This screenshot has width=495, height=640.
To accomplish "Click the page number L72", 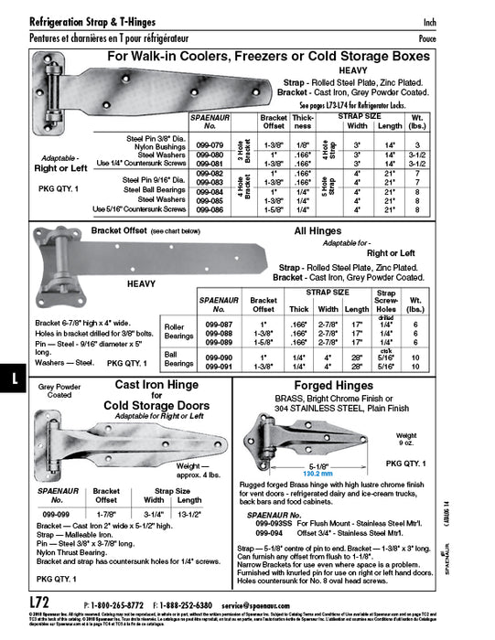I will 39,603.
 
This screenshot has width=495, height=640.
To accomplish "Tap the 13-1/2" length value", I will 188,513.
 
